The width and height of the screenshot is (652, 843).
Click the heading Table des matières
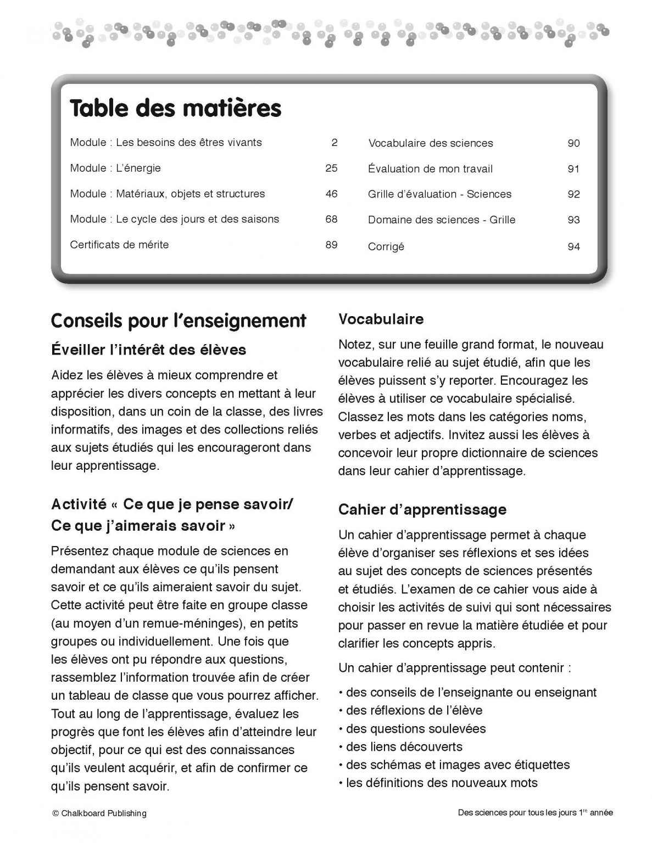tap(175, 108)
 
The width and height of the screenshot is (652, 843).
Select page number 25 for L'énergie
tap(331, 168)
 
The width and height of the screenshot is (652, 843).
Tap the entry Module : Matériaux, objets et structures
tap(168, 194)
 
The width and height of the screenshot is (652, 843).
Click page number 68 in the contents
tap(331, 219)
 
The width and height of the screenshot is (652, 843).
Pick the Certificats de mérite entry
tap(119, 245)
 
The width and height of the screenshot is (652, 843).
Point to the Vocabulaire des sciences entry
tap(431, 143)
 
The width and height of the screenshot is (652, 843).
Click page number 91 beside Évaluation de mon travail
tap(573, 169)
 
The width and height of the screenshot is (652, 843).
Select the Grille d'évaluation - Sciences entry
tap(439, 194)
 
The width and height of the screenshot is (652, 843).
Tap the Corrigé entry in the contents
tap(386, 247)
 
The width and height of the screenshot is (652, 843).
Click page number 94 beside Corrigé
tap(573, 247)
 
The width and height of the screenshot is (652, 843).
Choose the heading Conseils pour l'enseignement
tap(179, 321)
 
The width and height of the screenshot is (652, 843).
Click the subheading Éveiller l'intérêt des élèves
tap(148, 350)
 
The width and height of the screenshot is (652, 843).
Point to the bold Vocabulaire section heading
tap(381, 319)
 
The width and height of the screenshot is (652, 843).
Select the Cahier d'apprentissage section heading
tap(422, 509)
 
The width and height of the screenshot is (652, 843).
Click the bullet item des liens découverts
tap(404, 746)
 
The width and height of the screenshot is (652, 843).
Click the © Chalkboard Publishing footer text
tap(99, 813)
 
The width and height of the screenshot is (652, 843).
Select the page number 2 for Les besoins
tap(335, 143)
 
